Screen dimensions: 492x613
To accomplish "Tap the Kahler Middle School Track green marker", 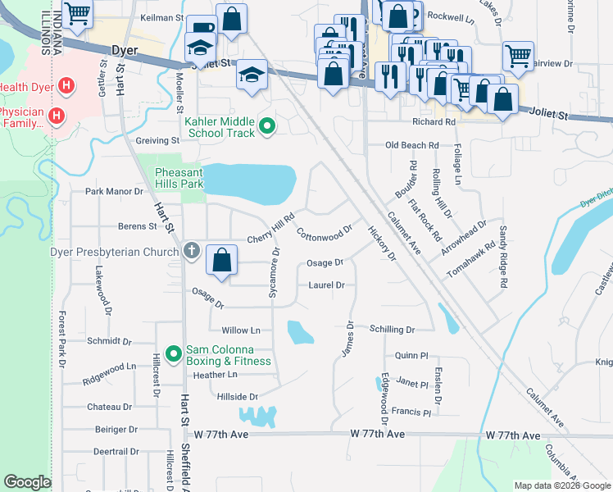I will (266, 126).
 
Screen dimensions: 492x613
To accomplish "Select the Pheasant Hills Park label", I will (179, 178).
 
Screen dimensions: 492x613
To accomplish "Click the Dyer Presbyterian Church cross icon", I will (191, 251).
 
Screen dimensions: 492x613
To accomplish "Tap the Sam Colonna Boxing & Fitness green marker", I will (173, 354).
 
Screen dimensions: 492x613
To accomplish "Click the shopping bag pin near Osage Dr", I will (221, 260).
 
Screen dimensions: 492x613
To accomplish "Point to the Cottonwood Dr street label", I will (324, 233).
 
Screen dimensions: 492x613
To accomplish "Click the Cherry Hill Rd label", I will (270, 230).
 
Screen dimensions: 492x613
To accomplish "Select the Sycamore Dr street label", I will (275, 272).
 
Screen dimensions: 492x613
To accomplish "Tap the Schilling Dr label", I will (392, 329).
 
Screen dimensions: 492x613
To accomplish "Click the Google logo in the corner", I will (27, 482).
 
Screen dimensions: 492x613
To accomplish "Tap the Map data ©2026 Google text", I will (561, 485).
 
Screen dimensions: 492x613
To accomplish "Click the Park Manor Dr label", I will (115, 192).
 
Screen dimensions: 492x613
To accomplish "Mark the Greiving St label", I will (157, 141).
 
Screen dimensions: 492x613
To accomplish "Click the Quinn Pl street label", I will (411, 356).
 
